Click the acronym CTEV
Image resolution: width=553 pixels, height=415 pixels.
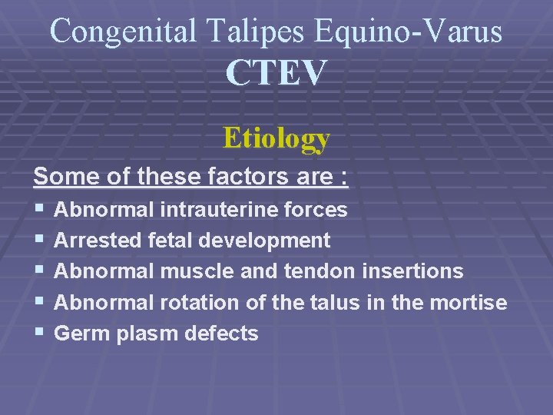276,74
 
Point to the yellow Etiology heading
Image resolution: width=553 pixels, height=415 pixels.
276,138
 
